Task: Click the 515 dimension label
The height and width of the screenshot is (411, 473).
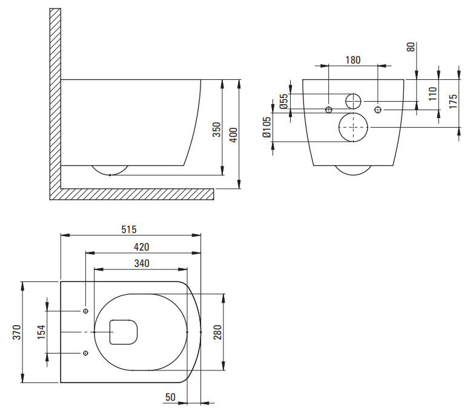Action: pos(129,230)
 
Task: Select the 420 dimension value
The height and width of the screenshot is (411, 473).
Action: pos(142,247)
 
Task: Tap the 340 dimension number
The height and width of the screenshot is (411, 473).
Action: pos(142,263)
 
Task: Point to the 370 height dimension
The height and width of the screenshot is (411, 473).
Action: pos(17,332)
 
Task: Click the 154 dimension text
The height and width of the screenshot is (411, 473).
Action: pos(41,332)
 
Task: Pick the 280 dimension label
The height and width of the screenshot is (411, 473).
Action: pos(217,332)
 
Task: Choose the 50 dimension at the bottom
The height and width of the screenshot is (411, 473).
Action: pos(170,397)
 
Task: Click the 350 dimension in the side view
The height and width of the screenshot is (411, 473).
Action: pos(217,130)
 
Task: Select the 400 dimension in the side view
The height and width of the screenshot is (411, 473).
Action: pos(234,135)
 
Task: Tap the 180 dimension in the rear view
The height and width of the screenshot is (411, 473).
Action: pos(352,60)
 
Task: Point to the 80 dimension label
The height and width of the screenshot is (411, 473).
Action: pos(411,47)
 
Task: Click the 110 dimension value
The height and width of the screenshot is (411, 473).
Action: pos(432,94)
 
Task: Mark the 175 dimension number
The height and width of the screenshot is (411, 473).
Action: pos(453,101)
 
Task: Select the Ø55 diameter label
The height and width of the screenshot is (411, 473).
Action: pos(283,101)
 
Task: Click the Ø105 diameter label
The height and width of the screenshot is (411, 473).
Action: pos(267,127)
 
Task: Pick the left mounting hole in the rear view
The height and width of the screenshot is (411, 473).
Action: pos(328,110)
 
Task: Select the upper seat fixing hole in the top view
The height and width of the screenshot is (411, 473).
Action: pos(85,311)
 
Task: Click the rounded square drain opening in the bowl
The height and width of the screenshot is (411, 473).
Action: pos(110,332)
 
